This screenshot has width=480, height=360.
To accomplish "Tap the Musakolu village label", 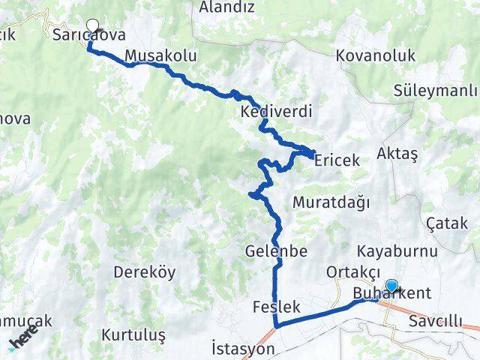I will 161,55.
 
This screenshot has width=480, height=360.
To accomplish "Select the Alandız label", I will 228,7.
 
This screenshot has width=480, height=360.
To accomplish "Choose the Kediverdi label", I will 276,112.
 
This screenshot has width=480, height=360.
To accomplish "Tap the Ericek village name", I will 337,160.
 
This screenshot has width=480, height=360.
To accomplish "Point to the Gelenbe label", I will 276,251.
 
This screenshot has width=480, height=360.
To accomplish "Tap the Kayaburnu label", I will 397,250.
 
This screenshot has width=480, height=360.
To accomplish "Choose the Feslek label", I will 277,307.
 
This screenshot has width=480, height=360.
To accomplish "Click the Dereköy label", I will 138,272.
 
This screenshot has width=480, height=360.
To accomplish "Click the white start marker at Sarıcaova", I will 93,24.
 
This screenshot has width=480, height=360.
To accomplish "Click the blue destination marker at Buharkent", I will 391,285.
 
